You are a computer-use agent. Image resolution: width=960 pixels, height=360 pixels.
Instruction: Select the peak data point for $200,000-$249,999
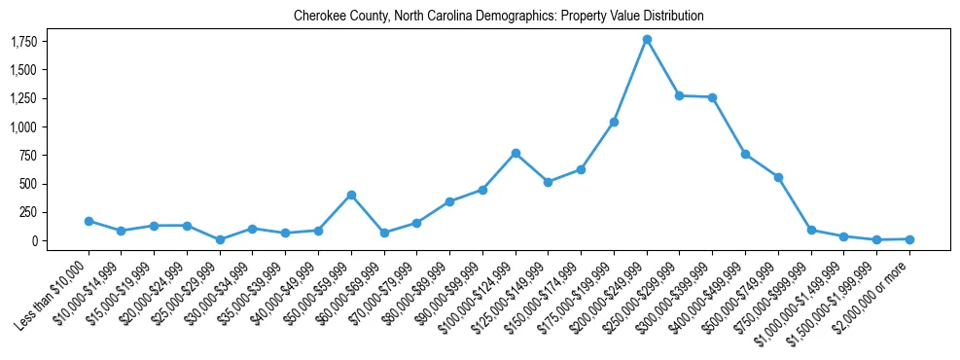[x=647, y=40]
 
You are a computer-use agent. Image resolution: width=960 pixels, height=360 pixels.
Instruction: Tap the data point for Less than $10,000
[x=89, y=221]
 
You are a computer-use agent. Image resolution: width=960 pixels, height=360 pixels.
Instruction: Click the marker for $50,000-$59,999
[x=351, y=195]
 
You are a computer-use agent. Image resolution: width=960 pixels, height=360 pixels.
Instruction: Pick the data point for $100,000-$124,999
[x=516, y=153]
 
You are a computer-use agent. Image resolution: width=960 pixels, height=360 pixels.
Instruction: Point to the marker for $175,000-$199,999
[x=614, y=122]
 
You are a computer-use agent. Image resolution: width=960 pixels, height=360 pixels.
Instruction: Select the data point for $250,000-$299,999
[x=680, y=95]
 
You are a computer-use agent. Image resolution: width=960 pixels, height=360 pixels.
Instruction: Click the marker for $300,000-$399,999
[x=713, y=97]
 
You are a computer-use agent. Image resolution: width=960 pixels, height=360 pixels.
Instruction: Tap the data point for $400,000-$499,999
[x=745, y=154]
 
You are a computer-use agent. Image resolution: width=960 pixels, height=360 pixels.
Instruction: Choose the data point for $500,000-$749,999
[x=778, y=177]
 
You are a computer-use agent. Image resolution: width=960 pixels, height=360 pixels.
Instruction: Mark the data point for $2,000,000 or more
[x=909, y=238]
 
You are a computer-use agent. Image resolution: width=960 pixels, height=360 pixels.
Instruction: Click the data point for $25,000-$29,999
[x=220, y=239]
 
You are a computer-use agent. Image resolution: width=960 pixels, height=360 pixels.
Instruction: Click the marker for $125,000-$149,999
[x=549, y=182]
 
